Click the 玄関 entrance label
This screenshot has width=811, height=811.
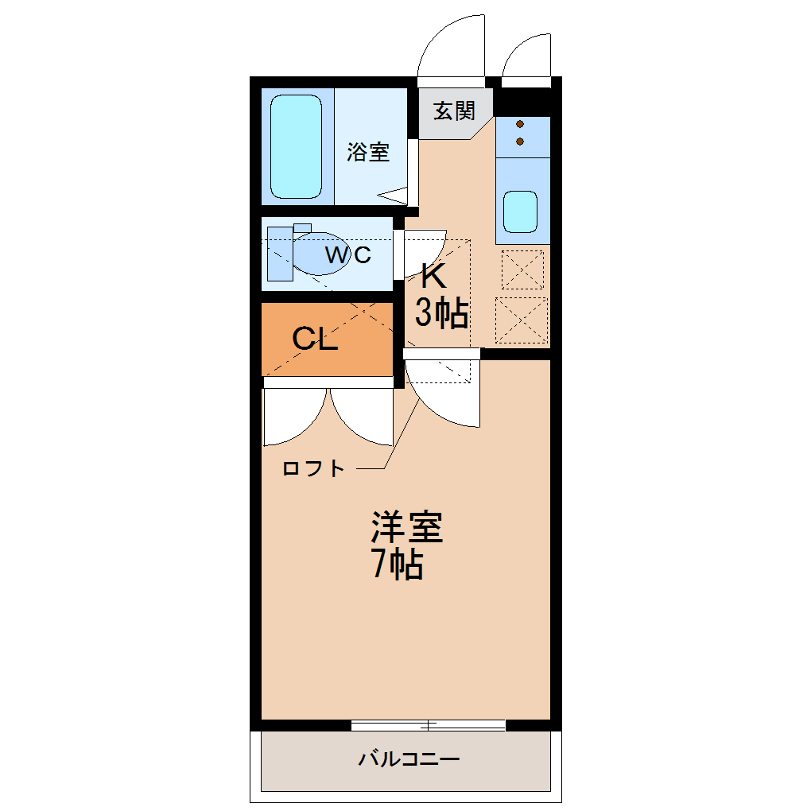pos(453,111)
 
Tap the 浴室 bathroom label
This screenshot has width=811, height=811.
pos(368,152)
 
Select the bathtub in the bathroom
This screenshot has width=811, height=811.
pos(296,147)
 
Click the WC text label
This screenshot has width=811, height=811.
pos(348,255)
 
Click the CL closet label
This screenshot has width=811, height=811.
pos(315,340)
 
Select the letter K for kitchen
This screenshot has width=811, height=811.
pos(433,276)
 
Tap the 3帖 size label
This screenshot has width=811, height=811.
pos(440,314)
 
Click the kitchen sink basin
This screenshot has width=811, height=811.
pos(521,212)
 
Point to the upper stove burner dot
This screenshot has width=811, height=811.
pos(520,124)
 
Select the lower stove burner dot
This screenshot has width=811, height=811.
pos(520,142)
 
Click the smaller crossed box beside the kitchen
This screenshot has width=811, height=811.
pos(522,270)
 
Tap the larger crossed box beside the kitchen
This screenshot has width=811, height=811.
pos(522,320)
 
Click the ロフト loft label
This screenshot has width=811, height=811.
pos(314,468)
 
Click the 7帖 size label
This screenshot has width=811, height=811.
pos(396,565)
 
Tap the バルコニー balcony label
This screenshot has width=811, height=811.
pos(408,759)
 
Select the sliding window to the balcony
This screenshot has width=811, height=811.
pos(428,724)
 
